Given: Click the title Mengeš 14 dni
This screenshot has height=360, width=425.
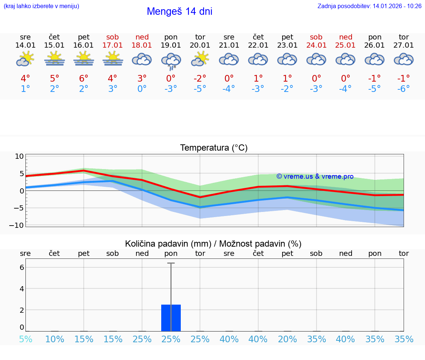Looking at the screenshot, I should (179, 11).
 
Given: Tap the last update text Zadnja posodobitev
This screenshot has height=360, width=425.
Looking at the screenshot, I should (369, 6).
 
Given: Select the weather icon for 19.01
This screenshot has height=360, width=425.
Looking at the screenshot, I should (171, 60).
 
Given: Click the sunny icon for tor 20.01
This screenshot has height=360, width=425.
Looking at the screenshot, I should (200, 59).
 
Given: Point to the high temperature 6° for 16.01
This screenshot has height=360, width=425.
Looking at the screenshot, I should (84, 79).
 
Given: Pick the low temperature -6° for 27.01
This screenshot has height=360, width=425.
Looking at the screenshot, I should (404, 89).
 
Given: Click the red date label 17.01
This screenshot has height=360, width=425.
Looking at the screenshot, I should (113, 45).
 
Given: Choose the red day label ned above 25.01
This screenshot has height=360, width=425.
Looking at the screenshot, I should (345, 37).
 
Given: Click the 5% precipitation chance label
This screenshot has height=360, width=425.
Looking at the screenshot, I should (25, 339).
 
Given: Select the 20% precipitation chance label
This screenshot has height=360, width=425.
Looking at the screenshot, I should (287, 339).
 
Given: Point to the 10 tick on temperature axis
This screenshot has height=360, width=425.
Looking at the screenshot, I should (19, 156).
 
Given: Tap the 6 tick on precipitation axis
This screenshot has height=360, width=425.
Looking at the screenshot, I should (22, 267).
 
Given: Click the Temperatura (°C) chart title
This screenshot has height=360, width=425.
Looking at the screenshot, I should (214, 148).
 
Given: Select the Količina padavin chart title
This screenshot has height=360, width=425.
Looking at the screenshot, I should (213, 244).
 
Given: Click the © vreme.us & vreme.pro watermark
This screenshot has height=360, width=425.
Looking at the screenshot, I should (315, 176).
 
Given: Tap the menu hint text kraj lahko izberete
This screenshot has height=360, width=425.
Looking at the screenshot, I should (41, 6).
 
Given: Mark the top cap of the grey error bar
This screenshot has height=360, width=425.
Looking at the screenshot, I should (171, 263).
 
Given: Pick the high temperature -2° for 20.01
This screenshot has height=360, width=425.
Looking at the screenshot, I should (200, 79).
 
